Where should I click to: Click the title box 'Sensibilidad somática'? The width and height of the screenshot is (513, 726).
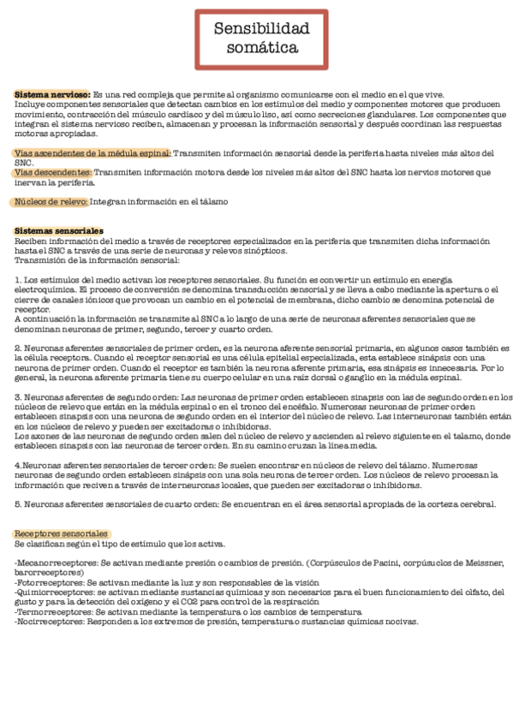tap(261, 39)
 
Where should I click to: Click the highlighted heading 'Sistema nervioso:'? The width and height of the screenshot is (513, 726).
tap(52, 94)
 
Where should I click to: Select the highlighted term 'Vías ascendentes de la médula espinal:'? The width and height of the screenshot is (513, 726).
tap(92, 153)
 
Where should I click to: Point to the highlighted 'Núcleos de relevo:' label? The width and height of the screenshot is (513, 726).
tap(51, 202)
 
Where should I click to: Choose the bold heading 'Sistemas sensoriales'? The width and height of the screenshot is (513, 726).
tap(59, 231)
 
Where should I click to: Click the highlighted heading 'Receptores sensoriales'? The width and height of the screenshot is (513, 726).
tap(61, 533)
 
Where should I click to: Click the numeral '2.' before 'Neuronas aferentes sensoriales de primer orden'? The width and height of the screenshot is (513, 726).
tap(19, 348)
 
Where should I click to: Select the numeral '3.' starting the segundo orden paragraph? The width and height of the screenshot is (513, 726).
tap(19, 396)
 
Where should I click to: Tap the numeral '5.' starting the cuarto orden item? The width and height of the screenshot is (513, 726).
tap(19, 504)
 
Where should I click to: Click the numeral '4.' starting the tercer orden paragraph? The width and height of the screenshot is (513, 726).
tap(18, 464)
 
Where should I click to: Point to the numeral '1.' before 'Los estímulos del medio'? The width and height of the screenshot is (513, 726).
tap(19, 280)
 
